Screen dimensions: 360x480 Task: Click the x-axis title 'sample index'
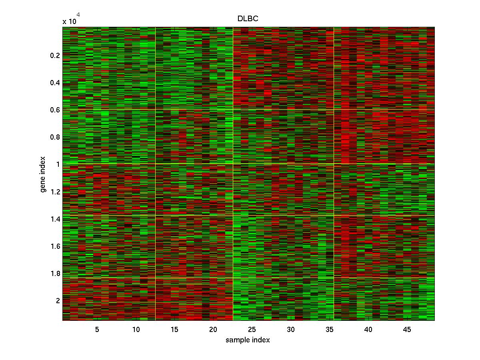pos(248,340)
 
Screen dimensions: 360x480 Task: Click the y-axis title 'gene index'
pos(43,175)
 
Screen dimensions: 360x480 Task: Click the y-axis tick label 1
pos(58,164)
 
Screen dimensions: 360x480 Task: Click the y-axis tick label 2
pos(58,301)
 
